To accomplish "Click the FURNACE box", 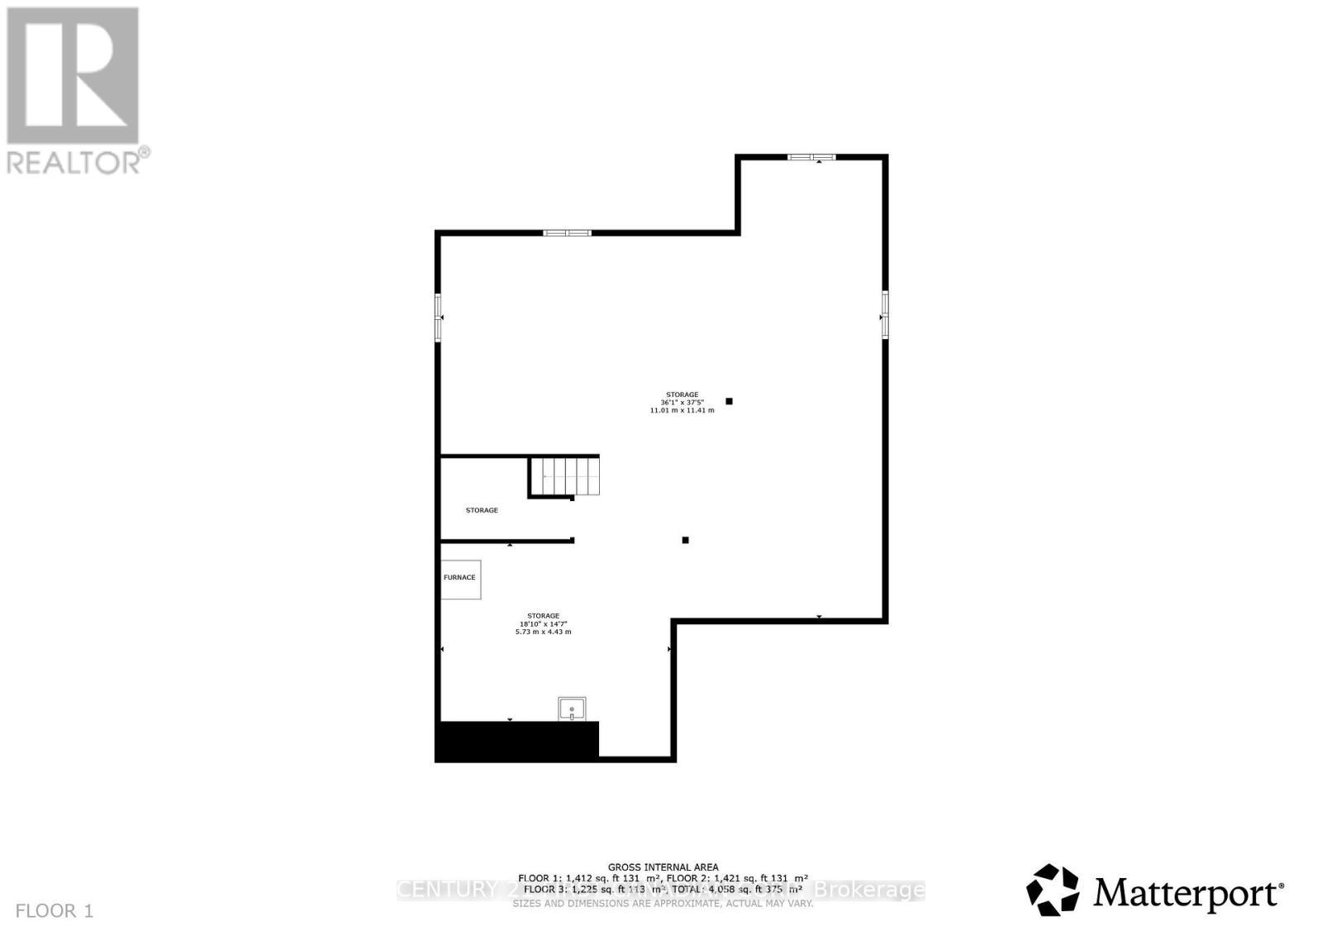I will tap(460, 578).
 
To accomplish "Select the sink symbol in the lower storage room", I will tap(572, 709).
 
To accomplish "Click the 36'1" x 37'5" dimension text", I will tap(682, 403).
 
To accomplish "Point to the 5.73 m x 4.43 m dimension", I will tap(543, 632).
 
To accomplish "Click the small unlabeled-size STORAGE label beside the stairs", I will tap(482, 510).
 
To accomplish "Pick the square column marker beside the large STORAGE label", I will tap(729, 401).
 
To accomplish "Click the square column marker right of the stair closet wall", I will tap(685, 540).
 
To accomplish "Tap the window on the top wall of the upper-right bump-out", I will tap(811, 157).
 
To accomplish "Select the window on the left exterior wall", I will tap(439, 317).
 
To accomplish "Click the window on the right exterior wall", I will tap(884, 314).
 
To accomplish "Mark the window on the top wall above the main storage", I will tap(567, 233).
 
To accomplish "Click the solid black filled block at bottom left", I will tap(516, 741).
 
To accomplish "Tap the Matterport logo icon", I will tap(1053, 891).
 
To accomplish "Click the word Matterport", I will tap(1188, 893).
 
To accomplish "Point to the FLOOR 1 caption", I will tap(55, 911).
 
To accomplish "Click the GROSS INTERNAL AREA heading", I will tap(663, 867).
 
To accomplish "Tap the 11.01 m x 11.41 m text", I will tap(682, 410).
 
